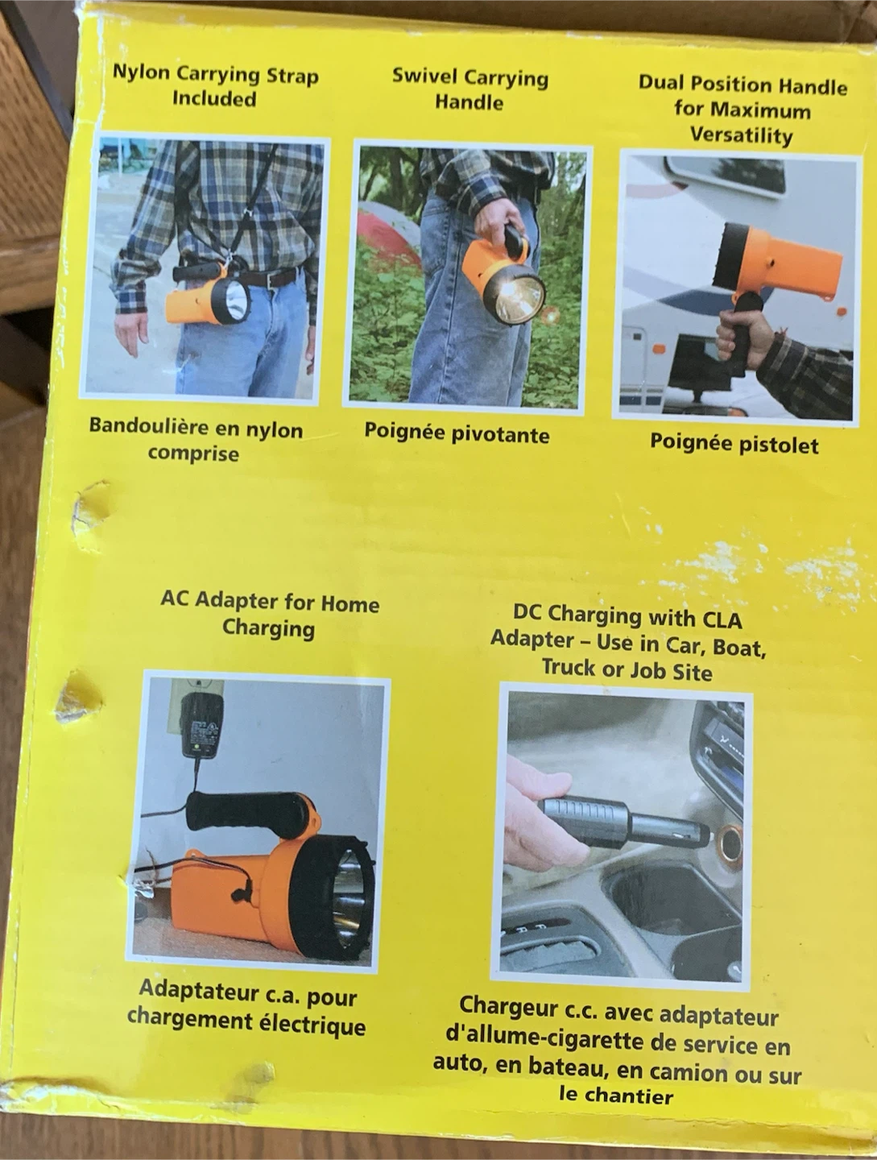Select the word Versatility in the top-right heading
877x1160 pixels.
(x=741, y=136)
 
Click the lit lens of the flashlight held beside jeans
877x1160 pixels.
(x=515, y=292)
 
